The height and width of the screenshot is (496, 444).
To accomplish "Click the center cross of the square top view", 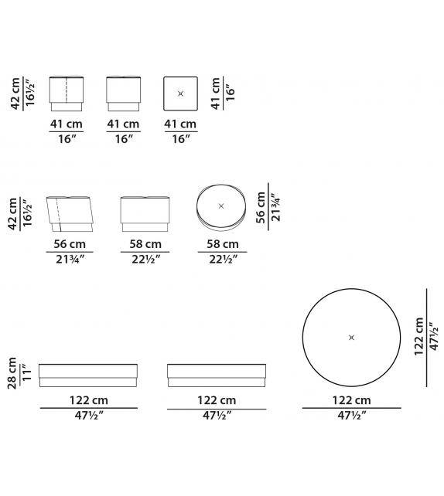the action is click(180, 93).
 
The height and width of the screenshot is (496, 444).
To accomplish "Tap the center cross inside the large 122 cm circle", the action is click(351, 338).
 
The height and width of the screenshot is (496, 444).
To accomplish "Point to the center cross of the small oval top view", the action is click(221, 206).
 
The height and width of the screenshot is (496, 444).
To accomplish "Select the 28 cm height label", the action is click(12, 373).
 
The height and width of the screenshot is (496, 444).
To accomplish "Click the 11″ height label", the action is click(27, 373).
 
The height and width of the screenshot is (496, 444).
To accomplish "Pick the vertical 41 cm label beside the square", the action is click(215, 93).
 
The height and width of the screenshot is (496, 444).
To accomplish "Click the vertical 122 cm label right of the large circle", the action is click(418, 337).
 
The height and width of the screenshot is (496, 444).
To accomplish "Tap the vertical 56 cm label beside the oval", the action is click(261, 207).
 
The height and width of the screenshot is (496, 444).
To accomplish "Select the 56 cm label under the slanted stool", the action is click(70, 244).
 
